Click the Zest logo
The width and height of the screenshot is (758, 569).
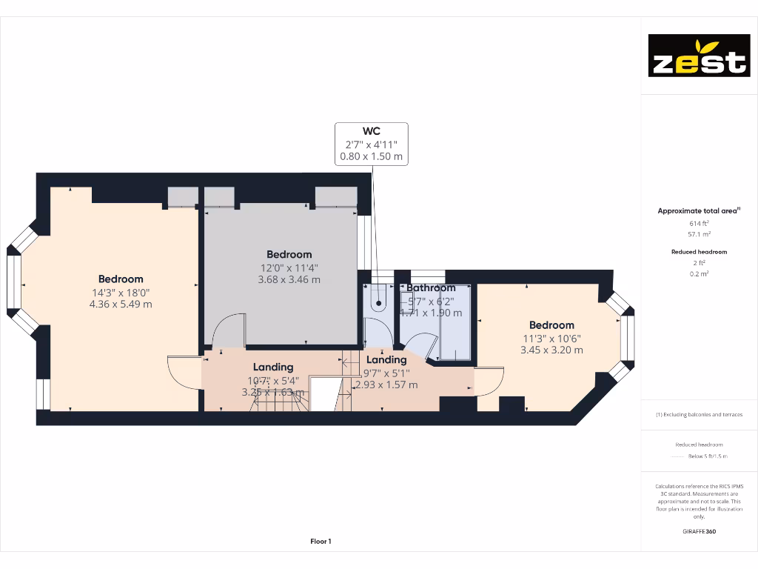click(x=699, y=56)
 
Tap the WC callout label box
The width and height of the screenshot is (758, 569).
click(x=372, y=144)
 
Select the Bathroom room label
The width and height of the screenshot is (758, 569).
click(x=431, y=288)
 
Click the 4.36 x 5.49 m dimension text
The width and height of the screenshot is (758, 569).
click(x=121, y=304)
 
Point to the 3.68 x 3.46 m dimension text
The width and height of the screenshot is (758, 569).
click(x=289, y=279)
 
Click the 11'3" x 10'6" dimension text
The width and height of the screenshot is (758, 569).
click(x=551, y=338)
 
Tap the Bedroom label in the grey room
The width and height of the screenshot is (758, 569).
click(x=289, y=254)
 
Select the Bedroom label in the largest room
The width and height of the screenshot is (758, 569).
click(x=121, y=279)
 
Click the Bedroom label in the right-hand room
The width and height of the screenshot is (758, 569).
click(x=551, y=325)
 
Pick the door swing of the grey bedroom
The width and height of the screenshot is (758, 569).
click(x=229, y=330)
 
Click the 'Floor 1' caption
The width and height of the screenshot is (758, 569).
click(x=321, y=542)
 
